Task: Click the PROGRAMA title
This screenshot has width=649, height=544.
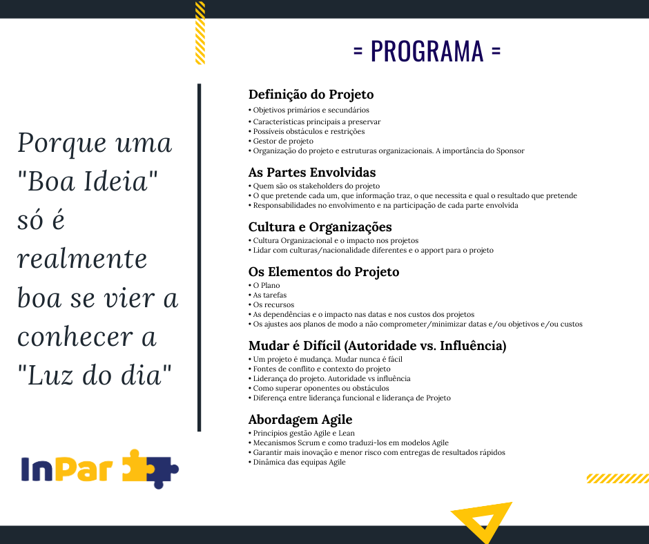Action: (x=427, y=51)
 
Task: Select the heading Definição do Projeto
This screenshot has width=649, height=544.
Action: (x=311, y=95)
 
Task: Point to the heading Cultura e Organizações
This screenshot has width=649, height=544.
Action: (x=320, y=227)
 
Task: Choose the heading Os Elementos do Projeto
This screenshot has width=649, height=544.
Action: (x=324, y=272)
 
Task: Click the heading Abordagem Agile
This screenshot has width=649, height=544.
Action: (x=300, y=420)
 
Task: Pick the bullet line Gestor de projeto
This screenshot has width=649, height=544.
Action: (x=281, y=141)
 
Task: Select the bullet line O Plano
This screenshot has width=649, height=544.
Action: (x=264, y=285)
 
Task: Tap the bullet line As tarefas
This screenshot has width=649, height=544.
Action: (x=267, y=295)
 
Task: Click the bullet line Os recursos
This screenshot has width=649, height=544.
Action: (x=271, y=304)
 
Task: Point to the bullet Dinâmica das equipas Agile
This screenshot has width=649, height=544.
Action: (x=297, y=462)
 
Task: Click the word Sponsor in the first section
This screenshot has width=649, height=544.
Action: (x=510, y=151)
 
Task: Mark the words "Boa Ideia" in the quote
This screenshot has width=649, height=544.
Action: (x=87, y=182)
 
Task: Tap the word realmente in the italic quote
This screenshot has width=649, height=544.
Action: (x=82, y=259)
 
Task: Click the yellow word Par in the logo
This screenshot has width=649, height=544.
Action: (x=84, y=469)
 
